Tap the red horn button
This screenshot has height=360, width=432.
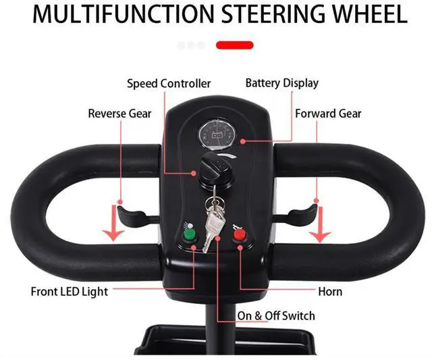click(239, 236)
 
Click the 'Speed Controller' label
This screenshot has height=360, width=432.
click(169, 84)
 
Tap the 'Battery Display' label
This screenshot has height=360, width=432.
click(281, 84)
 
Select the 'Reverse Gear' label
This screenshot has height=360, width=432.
click(119, 113)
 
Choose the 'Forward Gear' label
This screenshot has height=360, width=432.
click(328, 113)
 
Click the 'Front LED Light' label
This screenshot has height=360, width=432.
click(69, 292)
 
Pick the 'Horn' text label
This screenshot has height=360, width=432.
click(329, 292)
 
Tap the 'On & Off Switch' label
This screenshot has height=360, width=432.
click(275, 315)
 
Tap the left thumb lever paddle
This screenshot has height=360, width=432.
click(134, 216)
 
